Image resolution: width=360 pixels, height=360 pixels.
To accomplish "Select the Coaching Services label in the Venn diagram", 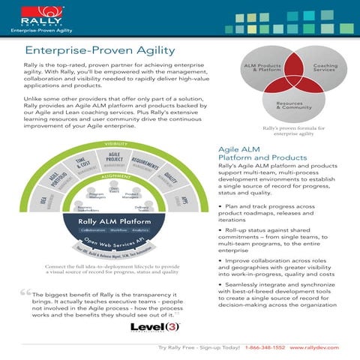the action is click(x=324, y=67).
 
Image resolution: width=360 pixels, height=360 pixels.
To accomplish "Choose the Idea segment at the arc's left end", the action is click(x=43, y=202).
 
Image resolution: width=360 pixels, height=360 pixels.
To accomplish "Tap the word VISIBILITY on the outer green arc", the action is click(x=115, y=143).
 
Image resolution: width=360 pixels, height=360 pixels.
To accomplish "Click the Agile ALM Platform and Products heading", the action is click(x=252, y=154).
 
